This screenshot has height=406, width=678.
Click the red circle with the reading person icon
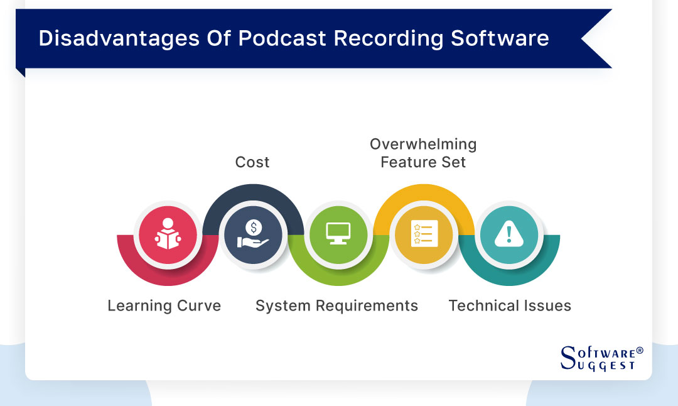pyautogui.click(x=168, y=234)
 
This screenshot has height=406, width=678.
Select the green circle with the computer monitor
pyautogui.click(x=338, y=234)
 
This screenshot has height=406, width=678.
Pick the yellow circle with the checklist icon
pyautogui.click(x=424, y=234)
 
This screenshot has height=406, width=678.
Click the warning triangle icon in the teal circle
pyautogui.click(x=509, y=234)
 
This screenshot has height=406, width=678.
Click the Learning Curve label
pyautogui.click(x=164, y=306)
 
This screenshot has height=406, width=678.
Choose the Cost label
pyautogui.click(x=252, y=162)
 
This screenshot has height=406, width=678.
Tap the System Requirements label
pyautogui.click(x=336, y=306)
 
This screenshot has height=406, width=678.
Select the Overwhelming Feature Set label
pyautogui.click(x=423, y=153)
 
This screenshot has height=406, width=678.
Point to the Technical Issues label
pyautogui.click(x=510, y=306)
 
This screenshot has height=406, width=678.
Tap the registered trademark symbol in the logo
pyautogui.click(x=639, y=350)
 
